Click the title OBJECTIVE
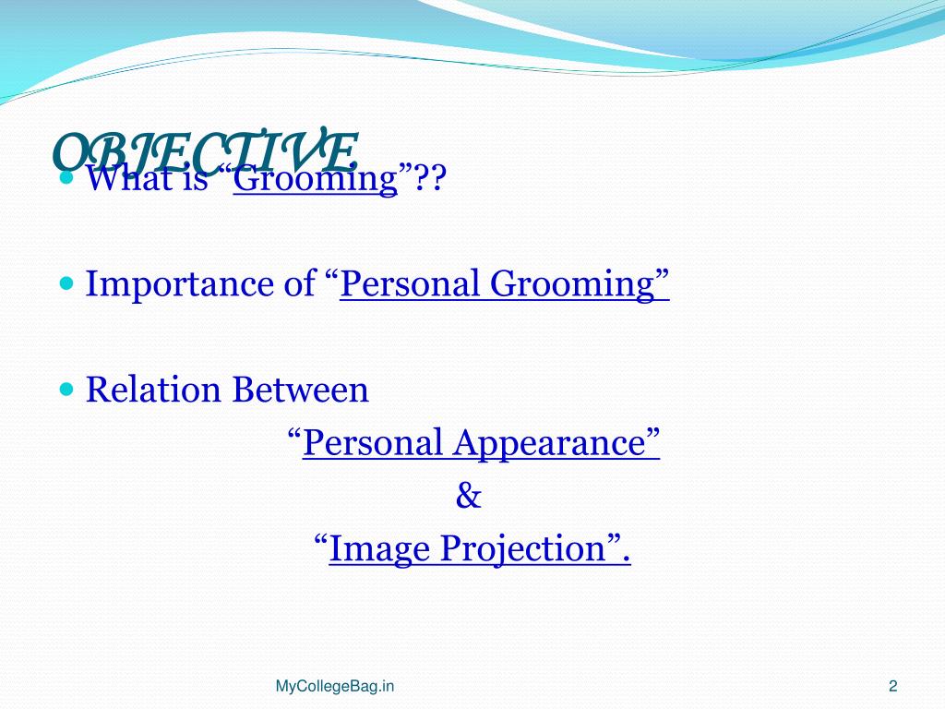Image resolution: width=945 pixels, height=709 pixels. tap(205, 150)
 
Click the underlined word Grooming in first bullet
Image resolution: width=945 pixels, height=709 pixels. tap(315, 177)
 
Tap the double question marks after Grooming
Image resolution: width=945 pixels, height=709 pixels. tap(429, 177)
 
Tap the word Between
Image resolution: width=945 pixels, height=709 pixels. tap(300, 390)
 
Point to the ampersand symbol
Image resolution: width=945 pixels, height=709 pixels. tap(469, 497)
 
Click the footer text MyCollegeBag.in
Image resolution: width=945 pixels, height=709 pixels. tap(335, 686)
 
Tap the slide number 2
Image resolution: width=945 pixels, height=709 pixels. tap(892, 686)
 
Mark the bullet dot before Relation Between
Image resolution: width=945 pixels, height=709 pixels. tap(66, 389)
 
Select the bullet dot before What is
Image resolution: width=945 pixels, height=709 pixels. tap(66, 176)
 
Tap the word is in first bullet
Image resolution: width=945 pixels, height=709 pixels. tap(197, 177)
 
